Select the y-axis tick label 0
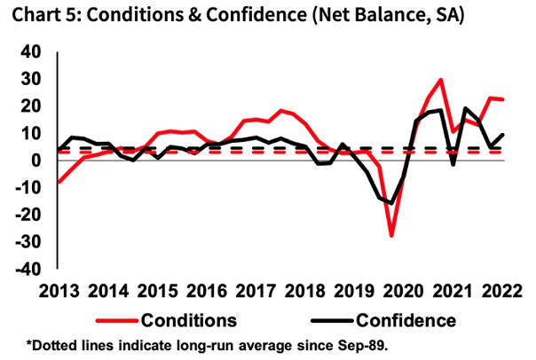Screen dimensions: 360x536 [x=35, y=160]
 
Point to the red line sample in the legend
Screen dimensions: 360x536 [x=110, y=319]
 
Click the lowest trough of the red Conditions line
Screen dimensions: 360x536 [x=391, y=236]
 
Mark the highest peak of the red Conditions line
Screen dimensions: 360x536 [x=441, y=80]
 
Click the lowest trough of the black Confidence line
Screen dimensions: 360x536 [x=391, y=204]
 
